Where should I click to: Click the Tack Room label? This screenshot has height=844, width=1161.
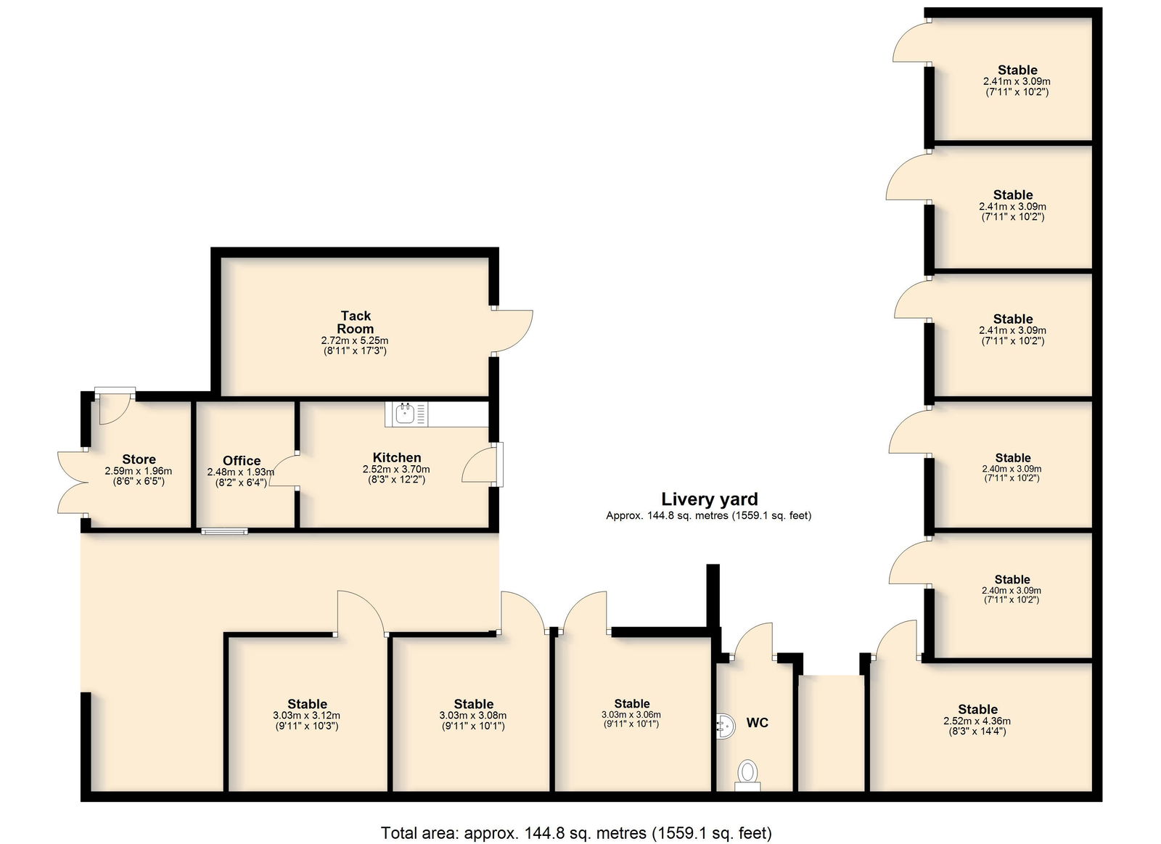pyautogui.click(x=356, y=322)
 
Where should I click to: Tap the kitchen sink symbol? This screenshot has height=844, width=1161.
pyautogui.click(x=406, y=414)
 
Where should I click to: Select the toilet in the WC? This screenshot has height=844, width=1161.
pyautogui.click(x=747, y=774)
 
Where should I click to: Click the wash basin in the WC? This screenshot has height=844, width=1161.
pyautogui.click(x=726, y=726)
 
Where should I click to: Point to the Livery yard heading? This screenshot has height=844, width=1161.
pyautogui.click(x=709, y=499)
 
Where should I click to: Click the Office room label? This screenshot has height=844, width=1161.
pyautogui.click(x=242, y=460)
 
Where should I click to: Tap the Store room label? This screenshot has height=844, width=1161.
pyautogui.click(x=139, y=459)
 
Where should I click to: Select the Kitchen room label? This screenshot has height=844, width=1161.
pyautogui.click(x=396, y=457)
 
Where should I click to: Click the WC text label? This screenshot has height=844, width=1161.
pyautogui.click(x=758, y=723)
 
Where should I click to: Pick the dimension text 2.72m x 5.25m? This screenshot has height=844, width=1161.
pyautogui.click(x=355, y=340)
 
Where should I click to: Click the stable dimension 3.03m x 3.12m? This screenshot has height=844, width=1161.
pyautogui.click(x=307, y=716)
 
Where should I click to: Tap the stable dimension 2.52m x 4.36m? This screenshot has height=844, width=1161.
pyautogui.click(x=977, y=721)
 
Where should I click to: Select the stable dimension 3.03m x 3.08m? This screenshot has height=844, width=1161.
pyautogui.click(x=472, y=716)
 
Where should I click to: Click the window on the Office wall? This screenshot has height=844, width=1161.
pyautogui.click(x=224, y=531)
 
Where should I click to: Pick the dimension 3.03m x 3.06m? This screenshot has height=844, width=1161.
pyautogui.click(x=631, y=715)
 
